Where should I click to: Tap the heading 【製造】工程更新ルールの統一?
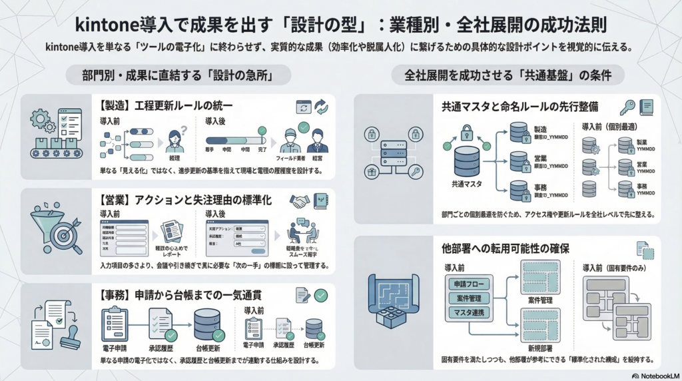point(168,105)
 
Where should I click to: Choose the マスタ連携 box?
point(469,312)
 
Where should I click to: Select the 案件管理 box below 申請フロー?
point(469,298)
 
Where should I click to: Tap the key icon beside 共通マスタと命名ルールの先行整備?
point(627,107)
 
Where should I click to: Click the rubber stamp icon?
point(71,337)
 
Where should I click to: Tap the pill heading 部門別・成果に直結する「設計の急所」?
point(178,75)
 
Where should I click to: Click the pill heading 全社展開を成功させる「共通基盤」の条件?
point(508,75)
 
